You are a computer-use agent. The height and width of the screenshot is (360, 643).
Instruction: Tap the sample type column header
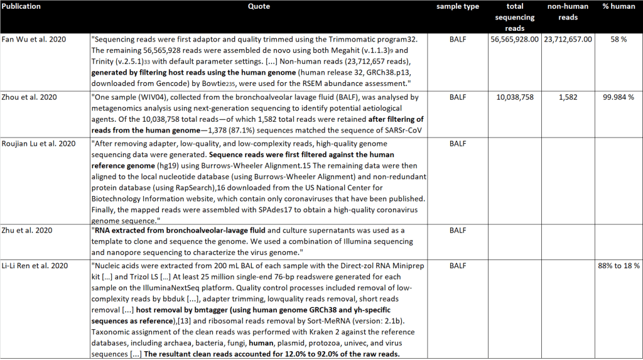click(x=458, y=6)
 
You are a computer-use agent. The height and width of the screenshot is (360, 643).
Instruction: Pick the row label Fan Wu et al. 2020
click(x=33, y=39)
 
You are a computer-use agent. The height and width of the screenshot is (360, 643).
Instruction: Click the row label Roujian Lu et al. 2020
click(x=39, y=143)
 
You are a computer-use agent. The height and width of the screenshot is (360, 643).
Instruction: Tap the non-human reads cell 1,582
click(x=568, y=97)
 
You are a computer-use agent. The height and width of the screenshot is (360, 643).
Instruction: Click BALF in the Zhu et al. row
click(x=458, y=231)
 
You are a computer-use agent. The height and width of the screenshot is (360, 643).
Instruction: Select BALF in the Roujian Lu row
click(x=458, y=143)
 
